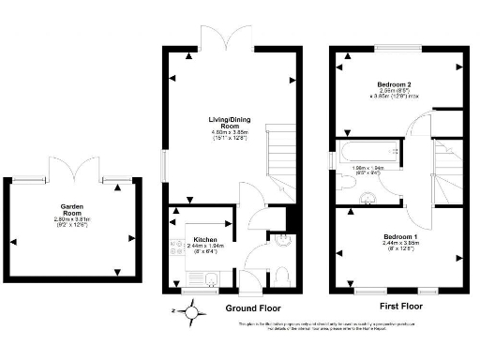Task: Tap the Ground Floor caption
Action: click(252, 308)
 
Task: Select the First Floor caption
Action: click(401, 307)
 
